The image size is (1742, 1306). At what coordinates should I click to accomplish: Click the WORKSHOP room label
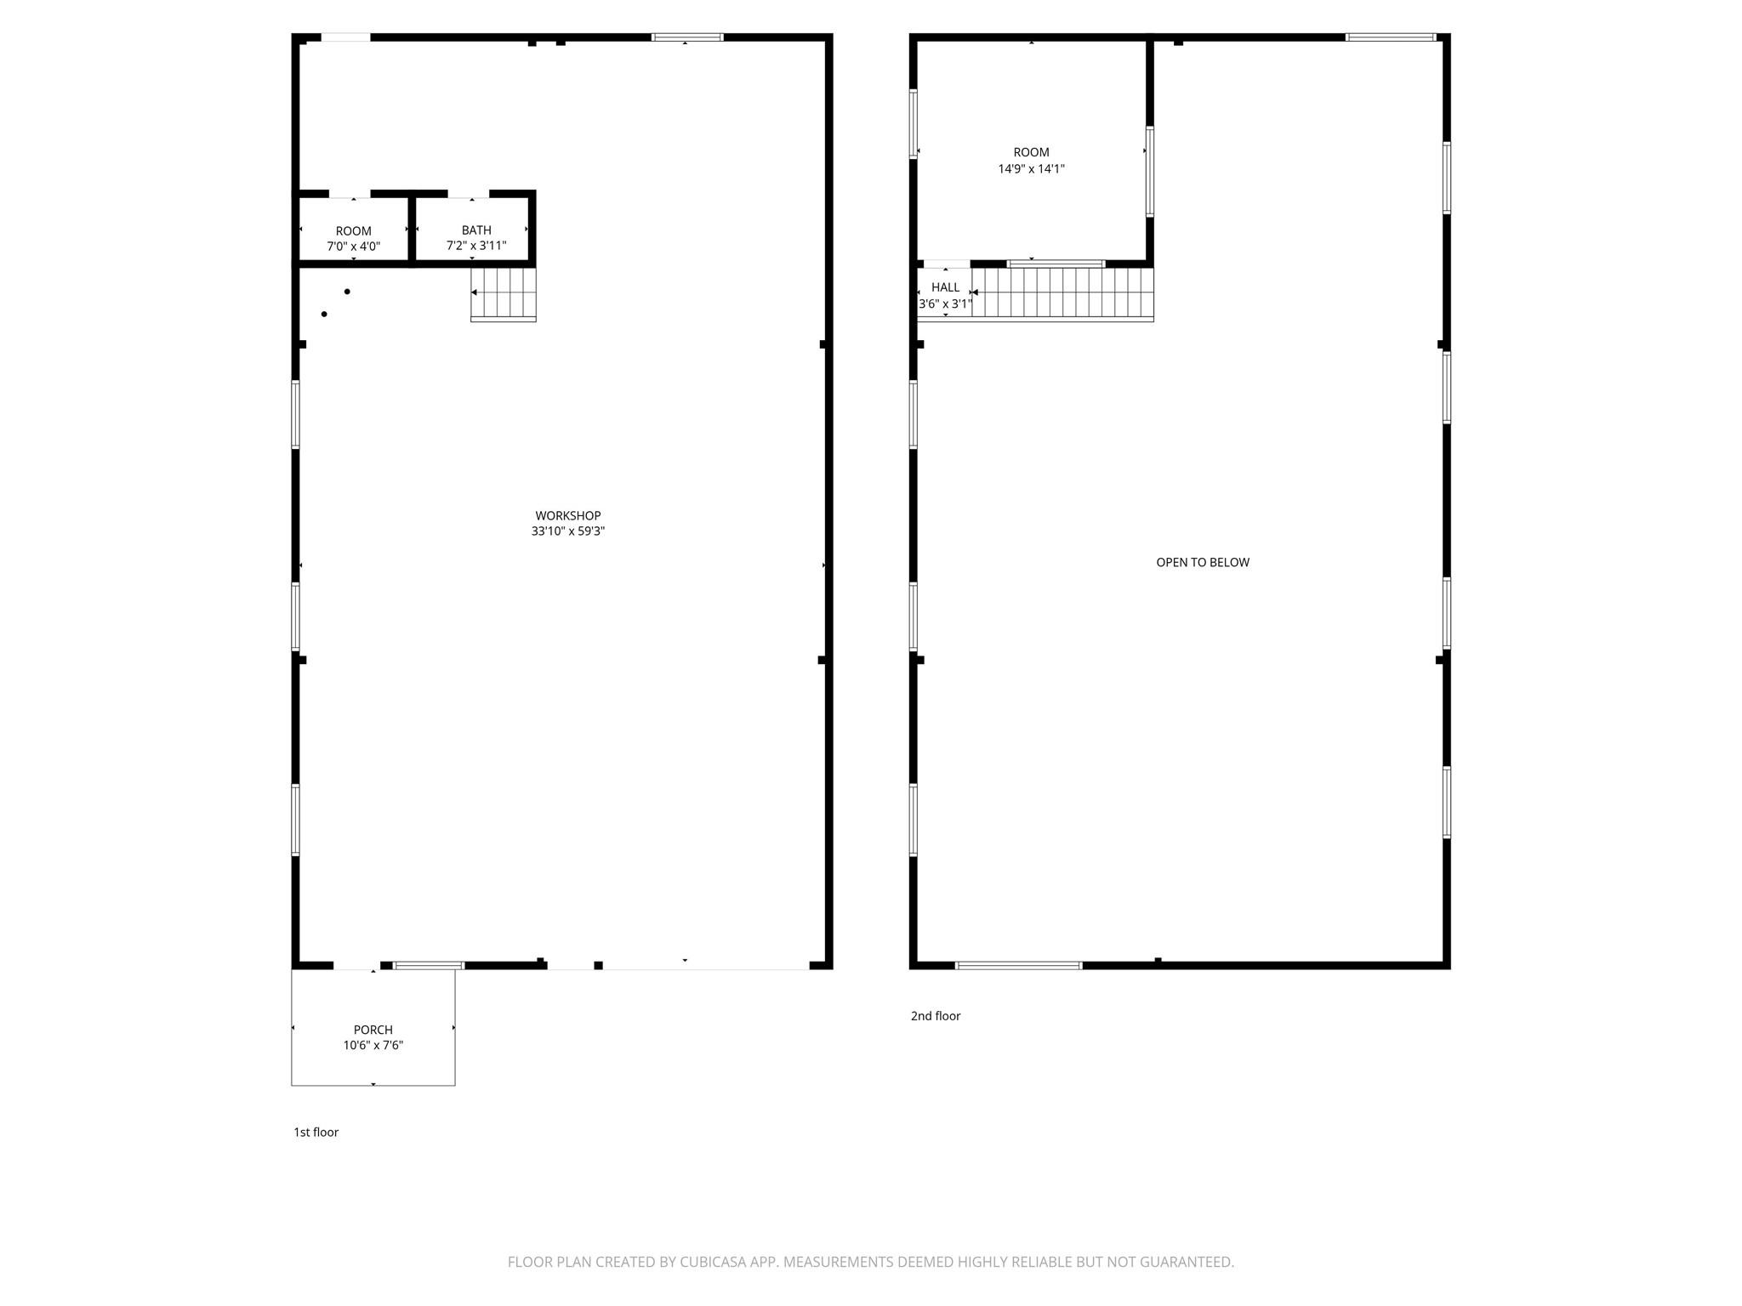[567, 515]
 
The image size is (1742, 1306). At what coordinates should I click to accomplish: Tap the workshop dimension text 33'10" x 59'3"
[567, 531]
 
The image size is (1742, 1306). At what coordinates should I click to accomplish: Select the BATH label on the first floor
[476, 230]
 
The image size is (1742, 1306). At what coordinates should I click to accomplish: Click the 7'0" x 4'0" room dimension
[353, 247]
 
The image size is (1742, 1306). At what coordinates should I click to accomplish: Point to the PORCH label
[373, 1030]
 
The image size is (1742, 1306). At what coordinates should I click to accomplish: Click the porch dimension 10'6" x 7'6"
[373, 1046]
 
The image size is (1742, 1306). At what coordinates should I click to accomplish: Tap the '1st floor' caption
[316, 1132]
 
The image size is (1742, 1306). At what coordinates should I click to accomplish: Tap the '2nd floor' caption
[935, 1015]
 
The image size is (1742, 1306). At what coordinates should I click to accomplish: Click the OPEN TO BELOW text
[1202, 562]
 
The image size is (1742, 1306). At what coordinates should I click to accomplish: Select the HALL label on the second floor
[945, 287]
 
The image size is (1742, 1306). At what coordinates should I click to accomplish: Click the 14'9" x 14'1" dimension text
[1031, 168]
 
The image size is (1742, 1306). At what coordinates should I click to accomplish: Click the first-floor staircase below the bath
[504, 293]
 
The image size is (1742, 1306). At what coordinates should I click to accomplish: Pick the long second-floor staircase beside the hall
[1062, 293]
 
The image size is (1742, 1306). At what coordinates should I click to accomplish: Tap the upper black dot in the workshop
[347, 292]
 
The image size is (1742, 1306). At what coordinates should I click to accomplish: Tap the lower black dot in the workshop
[324, 315]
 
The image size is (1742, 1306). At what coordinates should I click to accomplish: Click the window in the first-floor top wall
[687, 37]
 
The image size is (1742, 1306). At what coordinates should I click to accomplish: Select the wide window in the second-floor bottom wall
[1018, 965]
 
